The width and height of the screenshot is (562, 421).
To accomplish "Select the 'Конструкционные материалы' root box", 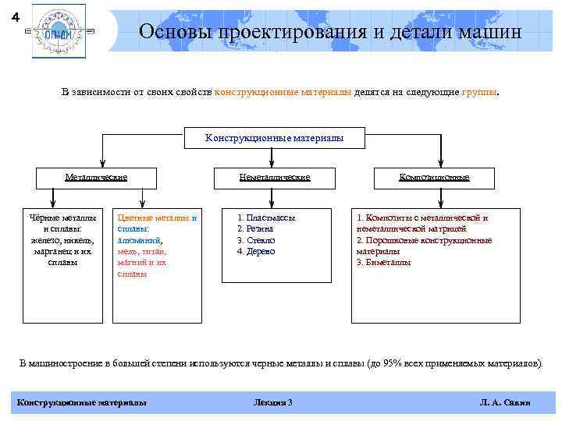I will (274, 138).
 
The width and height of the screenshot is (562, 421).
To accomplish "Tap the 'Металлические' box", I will (96, 177).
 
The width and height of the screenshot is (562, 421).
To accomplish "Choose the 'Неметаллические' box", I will (274, 177).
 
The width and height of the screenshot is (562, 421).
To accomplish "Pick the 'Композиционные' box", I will (434, 177).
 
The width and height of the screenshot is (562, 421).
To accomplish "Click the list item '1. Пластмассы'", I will (266, 218).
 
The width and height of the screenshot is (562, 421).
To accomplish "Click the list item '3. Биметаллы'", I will (383, 262).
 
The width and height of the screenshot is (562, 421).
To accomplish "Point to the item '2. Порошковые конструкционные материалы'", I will (424, 246).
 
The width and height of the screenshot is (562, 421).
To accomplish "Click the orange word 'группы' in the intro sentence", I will (478, 92).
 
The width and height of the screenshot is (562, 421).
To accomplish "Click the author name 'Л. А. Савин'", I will (505, 402).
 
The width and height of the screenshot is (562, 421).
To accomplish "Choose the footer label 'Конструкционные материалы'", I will (81, 402).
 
